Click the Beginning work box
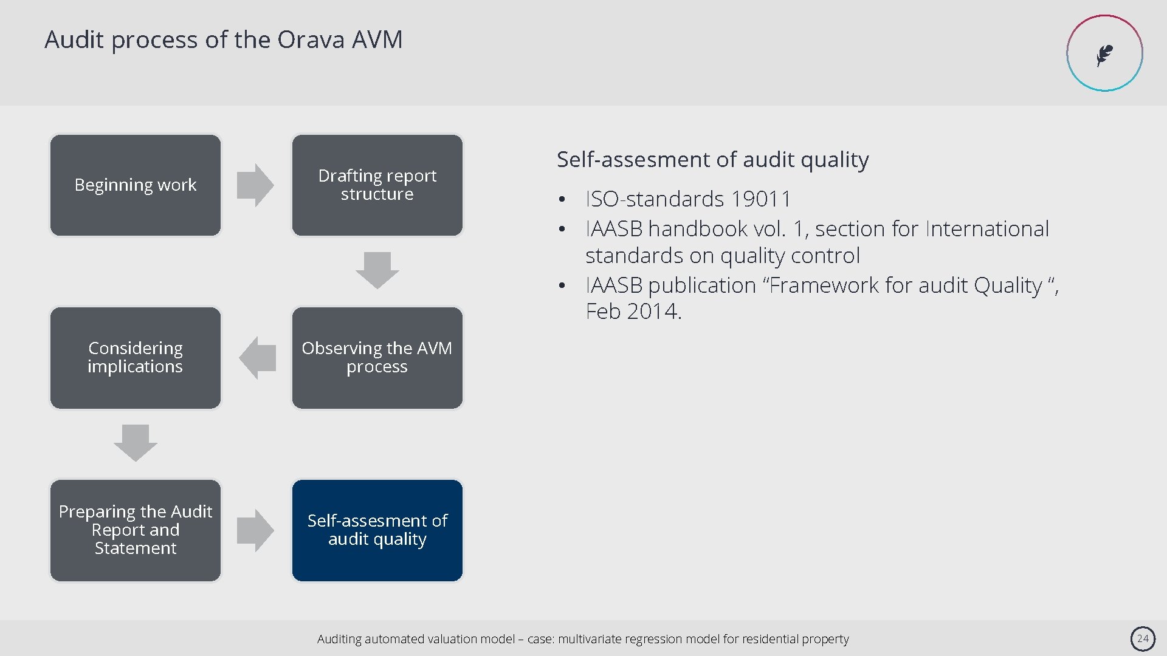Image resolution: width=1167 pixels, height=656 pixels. (136, 185)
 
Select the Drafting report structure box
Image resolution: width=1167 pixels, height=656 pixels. (377, 185)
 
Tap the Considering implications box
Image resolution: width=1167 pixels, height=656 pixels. (136, 358)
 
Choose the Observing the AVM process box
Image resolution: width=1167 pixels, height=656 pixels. (377, 358)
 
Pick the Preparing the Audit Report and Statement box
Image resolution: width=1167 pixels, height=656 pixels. (136, 530)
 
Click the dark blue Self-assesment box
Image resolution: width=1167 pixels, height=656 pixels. (377, 530)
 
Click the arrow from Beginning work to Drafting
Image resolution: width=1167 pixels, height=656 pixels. (255, 185)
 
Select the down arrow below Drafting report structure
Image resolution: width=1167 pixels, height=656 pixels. (377, 270)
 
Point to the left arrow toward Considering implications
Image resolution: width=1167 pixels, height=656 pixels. (258, 358)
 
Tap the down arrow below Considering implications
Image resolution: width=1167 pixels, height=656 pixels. (136, 443)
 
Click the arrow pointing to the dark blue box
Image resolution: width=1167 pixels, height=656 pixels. (255, 530)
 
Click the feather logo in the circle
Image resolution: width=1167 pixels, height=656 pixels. (1104, 54)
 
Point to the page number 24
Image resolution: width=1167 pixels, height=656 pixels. (1143, 638)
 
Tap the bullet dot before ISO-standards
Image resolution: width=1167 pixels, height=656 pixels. (563, 200)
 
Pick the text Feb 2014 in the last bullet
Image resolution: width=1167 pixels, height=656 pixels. (633, 312)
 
